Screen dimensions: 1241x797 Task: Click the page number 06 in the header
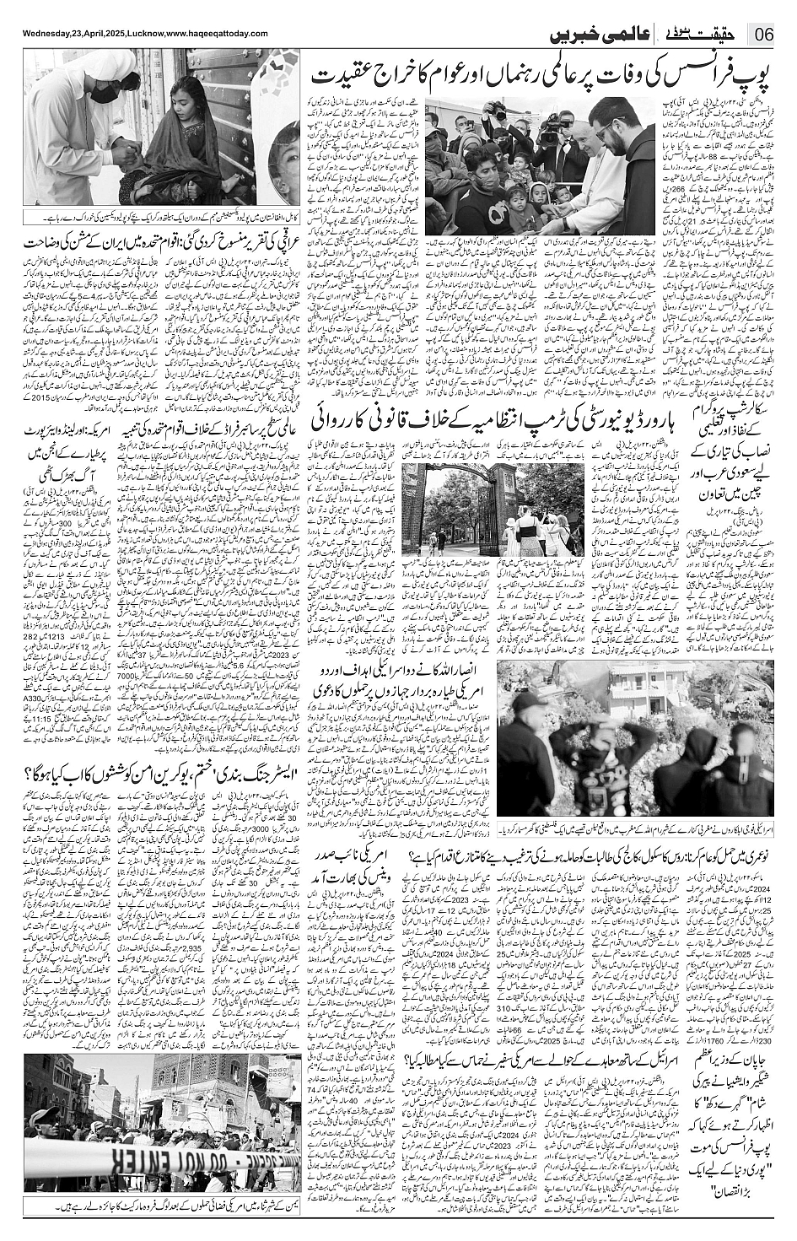click(763, 35)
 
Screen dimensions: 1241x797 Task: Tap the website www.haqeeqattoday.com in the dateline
click(202, 34)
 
